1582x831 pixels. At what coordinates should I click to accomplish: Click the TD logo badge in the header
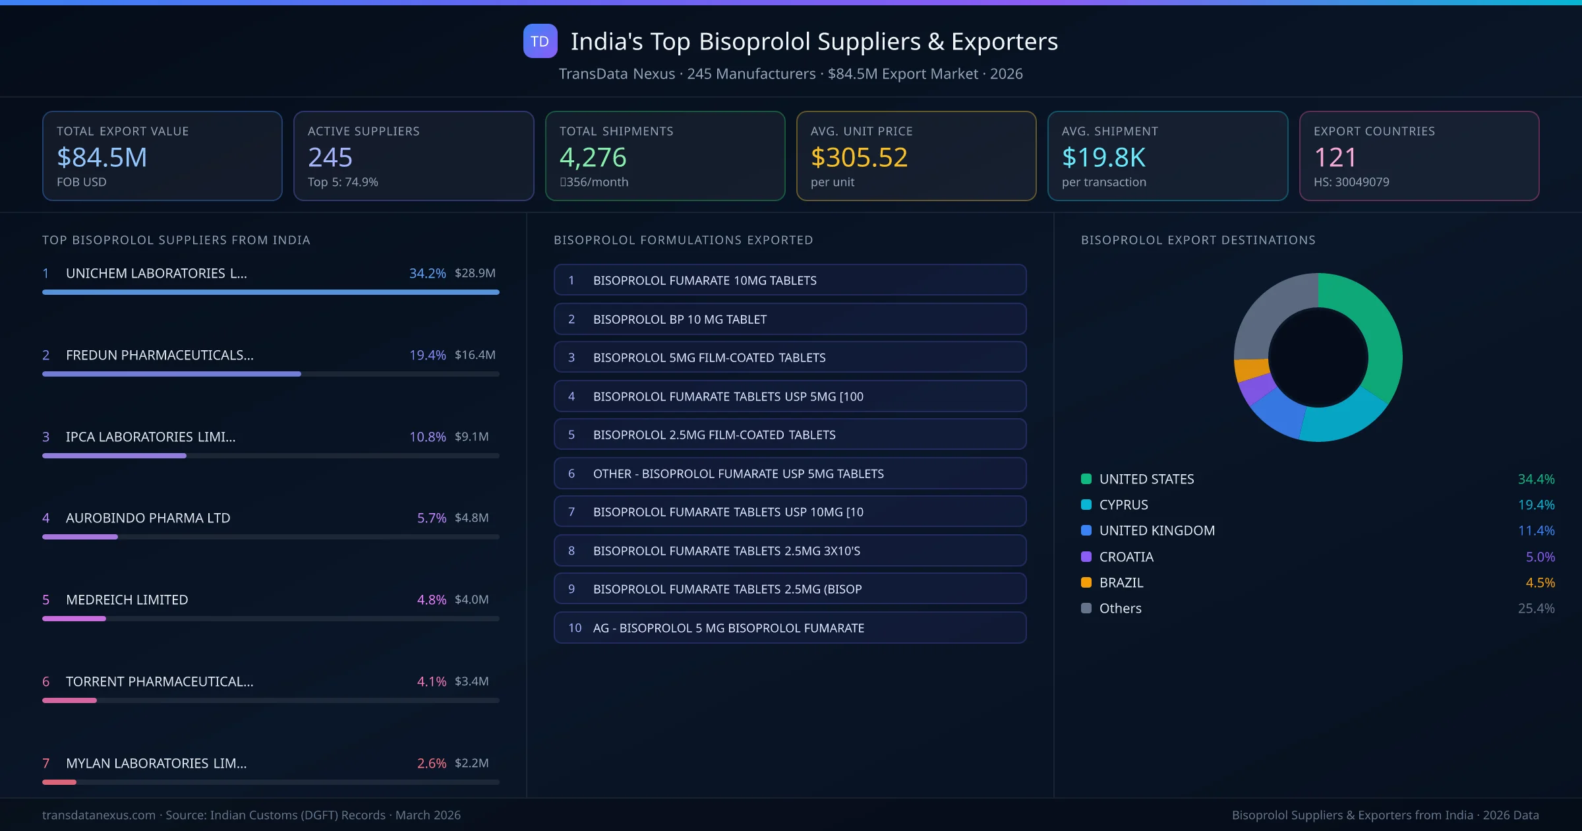click(x=540, y=41)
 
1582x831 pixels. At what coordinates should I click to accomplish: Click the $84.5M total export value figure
click(x=102, y=158)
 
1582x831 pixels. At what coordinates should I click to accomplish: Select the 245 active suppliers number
click(x=330, y=158)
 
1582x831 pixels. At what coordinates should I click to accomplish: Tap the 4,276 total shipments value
click(x=593, y=158)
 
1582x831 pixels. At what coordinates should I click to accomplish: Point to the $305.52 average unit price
click(x=859, y=158)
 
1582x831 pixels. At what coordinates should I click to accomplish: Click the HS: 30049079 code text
click(x=1351, y=182)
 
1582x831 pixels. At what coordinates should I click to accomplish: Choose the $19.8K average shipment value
click(x=1103, y=158)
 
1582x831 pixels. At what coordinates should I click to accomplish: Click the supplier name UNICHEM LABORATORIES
click(x=156, y=273)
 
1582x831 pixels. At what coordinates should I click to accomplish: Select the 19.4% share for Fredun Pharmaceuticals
click(x=427, y=355)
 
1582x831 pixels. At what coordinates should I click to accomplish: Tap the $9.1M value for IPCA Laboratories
click(x=471, y=437)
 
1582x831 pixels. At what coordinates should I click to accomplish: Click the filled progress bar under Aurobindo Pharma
click(x=80, y=537)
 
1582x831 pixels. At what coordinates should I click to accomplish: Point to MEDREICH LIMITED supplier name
click(x=127, y=600)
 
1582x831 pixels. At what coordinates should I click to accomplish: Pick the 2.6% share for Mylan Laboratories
click(x=431, y=763)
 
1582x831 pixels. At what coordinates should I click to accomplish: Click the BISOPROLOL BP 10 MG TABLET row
click(x=790, y=319)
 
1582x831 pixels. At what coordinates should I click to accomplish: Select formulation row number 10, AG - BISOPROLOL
click(x=790, y=628)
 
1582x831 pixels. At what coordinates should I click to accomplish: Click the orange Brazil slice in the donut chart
click(x=1251, y=369)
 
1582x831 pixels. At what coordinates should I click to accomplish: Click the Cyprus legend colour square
click(x=1086, y=505)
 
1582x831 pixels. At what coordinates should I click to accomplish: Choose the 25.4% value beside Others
click(x=1536, y=608)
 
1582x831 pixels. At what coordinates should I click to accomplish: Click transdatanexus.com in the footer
click(x=99, y=815)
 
